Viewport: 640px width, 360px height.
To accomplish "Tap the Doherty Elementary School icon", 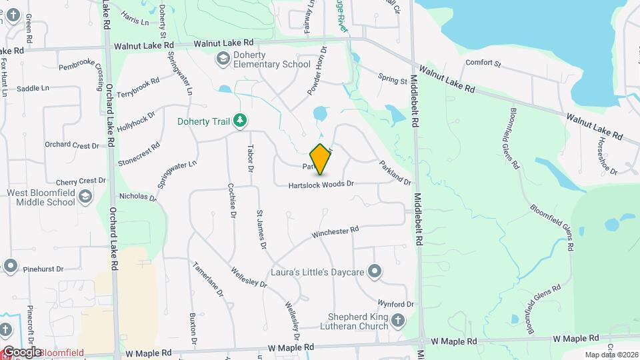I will (x=221, y=59).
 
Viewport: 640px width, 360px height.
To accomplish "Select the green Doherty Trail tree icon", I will (x=239, y=121).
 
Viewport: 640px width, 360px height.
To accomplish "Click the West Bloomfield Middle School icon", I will (x=85, y=197).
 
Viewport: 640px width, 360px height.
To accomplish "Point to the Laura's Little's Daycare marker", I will (x=375, y=271).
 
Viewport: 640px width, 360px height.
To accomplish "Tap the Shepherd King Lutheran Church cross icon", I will (x=398, y=321).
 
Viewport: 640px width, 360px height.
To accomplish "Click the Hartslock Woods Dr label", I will (x=320, y=184).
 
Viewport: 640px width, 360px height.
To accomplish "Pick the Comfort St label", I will (x=483, y=63).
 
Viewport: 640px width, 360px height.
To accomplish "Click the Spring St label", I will (x=392, y=80).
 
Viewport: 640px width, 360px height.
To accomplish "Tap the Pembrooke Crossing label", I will (x=83, y=67).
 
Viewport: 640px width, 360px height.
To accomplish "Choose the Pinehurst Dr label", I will (x=43, y=269).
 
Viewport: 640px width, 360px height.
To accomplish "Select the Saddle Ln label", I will (x=33, y=88).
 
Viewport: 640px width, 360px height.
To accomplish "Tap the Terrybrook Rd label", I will (x=138, y=88).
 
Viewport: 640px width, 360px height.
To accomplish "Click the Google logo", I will (x=21, y=352).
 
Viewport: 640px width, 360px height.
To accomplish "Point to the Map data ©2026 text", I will (x=611, y=355).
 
